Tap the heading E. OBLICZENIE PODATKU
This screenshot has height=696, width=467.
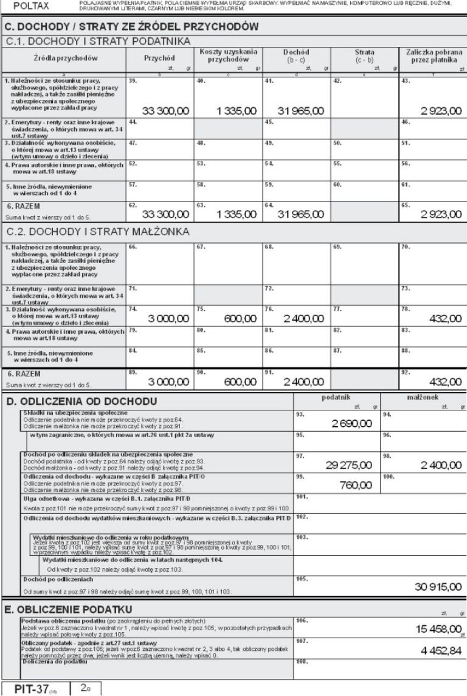point(70,608)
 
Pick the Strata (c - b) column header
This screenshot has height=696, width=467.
point(365,57)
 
